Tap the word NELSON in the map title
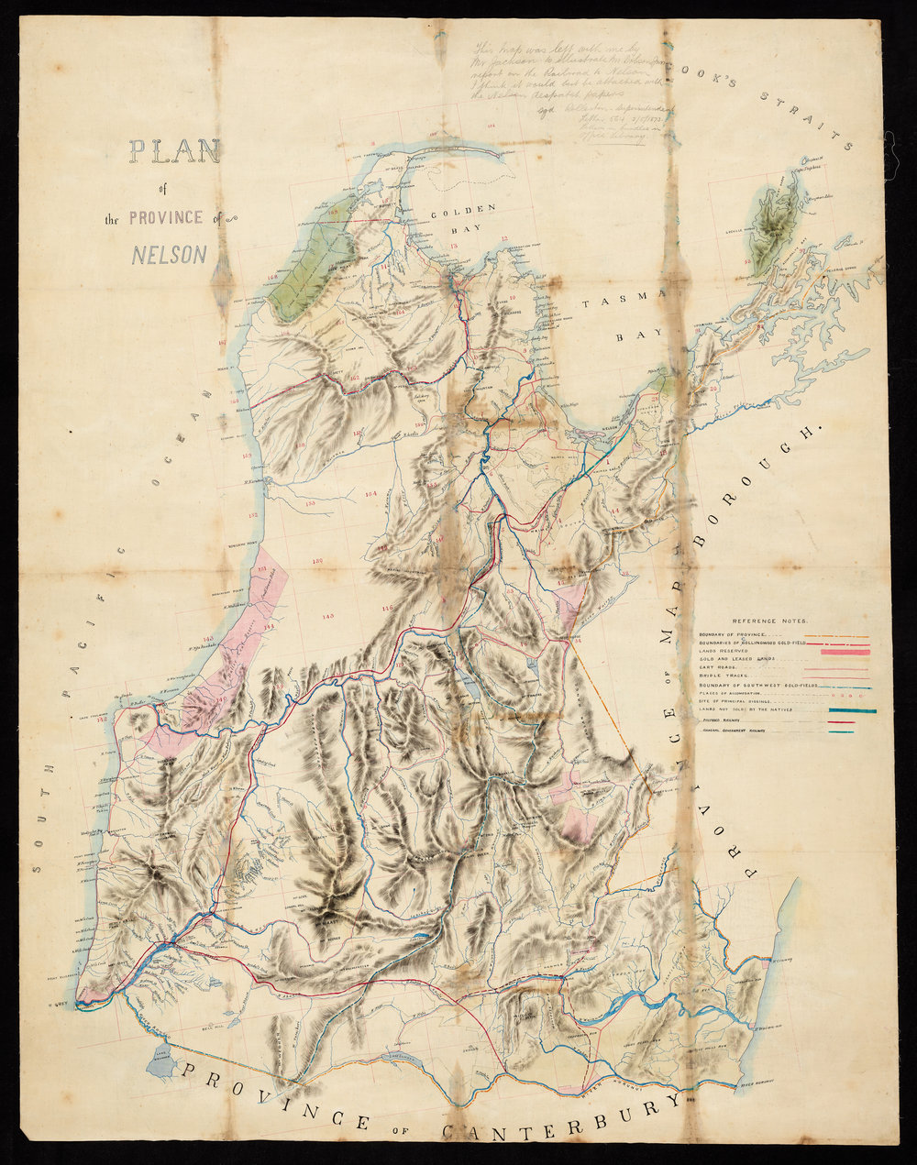point(170,254)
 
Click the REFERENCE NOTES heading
point(770,621)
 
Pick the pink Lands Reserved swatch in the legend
point(845,652)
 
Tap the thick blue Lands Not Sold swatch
point(852,710)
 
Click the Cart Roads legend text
point(718,668)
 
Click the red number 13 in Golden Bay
point(452,247)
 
